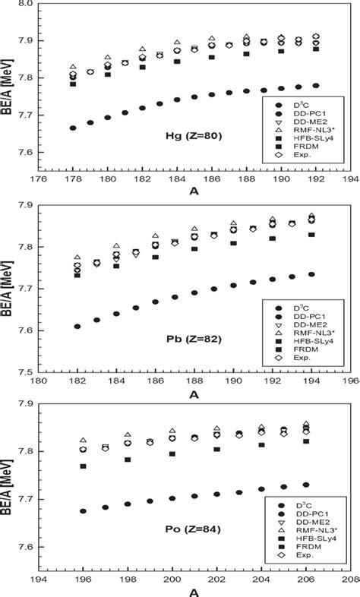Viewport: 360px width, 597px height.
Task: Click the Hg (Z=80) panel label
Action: pyautogui.click(x=178, y=137)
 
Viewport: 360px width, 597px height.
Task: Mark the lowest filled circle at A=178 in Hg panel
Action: pyautogui.click(x=73, y=128)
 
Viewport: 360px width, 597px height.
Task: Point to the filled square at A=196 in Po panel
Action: pyautogui.click(x=83, y=466)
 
